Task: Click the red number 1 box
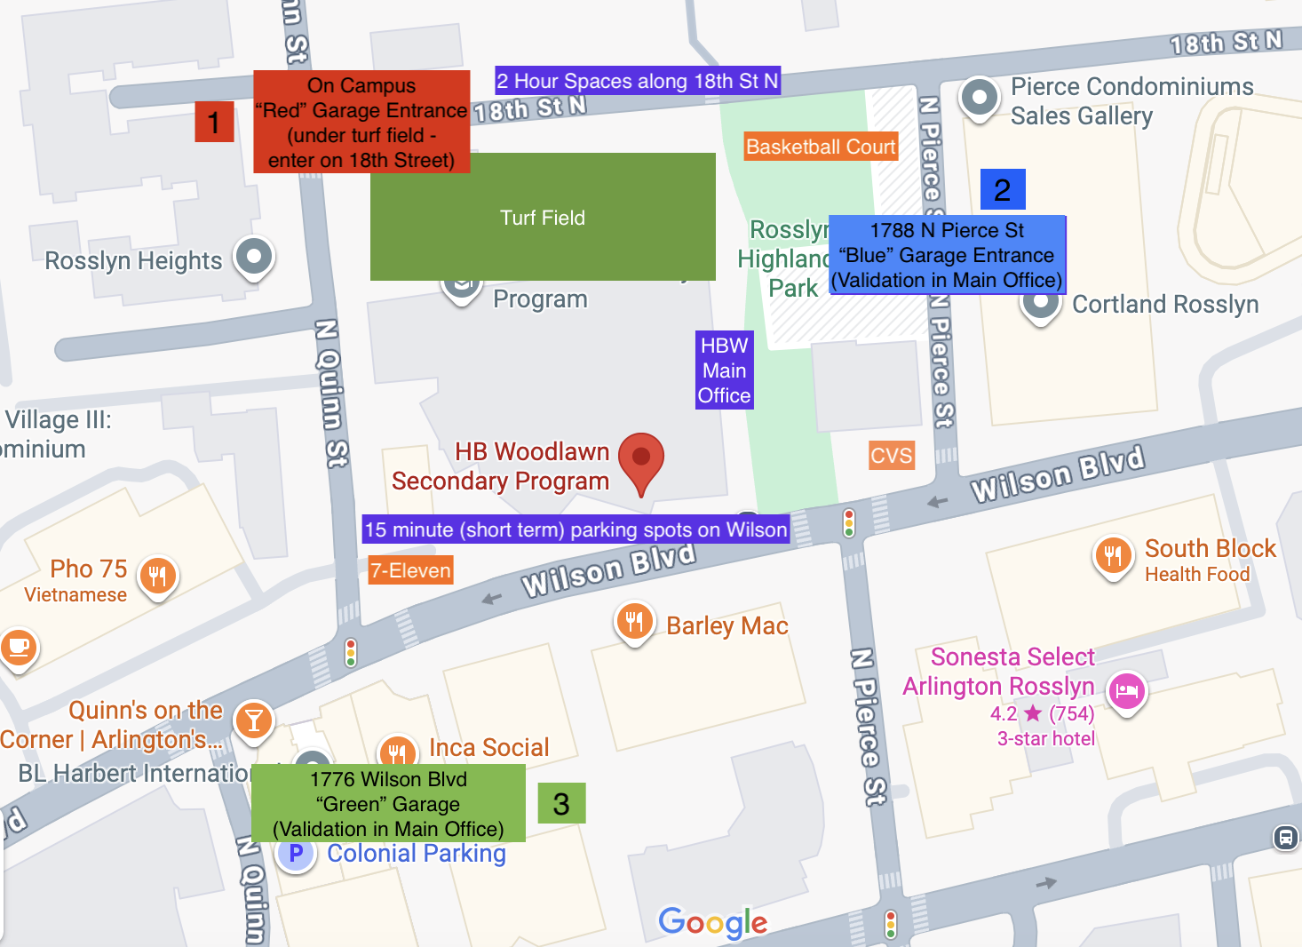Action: point(214,122)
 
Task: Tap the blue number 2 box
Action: point(1003,189)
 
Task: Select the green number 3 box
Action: point(561,803)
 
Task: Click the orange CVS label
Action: point(891,456)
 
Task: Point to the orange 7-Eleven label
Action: point(410,570)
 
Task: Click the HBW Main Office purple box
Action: point(724,370)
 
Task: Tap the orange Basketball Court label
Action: point(821,147)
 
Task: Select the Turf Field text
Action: point(543,218)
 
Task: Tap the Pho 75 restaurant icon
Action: point(158,575)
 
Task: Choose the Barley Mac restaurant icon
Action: point(634,621)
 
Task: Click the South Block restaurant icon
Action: point(1113,555)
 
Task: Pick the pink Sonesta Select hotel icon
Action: point(1127,690)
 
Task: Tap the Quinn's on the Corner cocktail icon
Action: point(254,720)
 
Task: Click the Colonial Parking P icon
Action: point(297,854)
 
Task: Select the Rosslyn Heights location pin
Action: point(254,257)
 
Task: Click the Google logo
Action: point(712,922)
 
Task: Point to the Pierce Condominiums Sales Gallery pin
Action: point(979,97)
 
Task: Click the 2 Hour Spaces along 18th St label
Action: point(637,81)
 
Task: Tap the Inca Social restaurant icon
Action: point(397,752)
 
